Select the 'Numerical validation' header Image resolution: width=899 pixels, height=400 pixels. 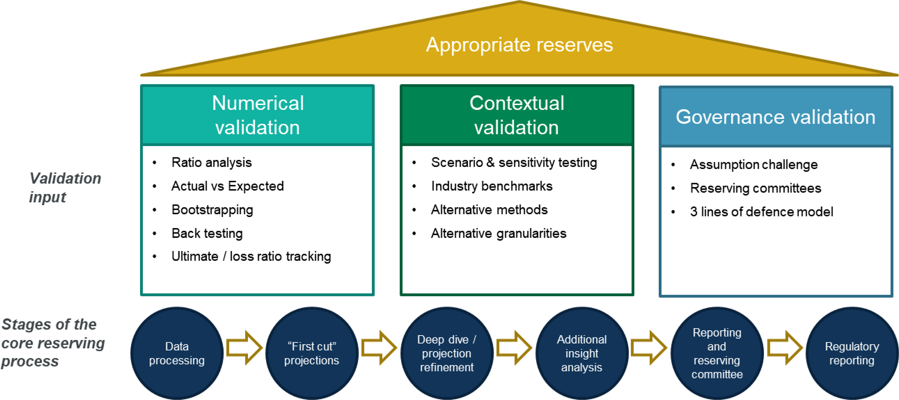tap(257, 115)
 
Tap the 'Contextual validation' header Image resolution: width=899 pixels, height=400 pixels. tap(516, 115)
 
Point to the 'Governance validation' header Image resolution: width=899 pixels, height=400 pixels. tap(776, 117)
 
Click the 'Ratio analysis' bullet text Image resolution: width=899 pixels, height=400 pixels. tap(211, 162)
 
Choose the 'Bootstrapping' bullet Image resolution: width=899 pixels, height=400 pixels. tap(212, 210)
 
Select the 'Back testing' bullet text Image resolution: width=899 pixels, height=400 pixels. tap(207, 233)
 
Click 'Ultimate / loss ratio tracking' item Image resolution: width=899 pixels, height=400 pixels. tap(251, 256)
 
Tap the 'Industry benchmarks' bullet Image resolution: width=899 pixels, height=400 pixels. tap(492, 186)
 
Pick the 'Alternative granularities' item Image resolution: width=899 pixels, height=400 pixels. tap(498, 233)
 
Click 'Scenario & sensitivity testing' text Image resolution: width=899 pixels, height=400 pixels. tap(514, 162)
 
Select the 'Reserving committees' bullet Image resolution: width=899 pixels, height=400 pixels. tap(755, 188)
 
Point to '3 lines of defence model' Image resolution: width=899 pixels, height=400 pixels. tap(761, 212)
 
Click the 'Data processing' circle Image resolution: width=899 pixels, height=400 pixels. tap(177, 353)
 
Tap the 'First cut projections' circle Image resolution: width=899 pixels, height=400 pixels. tap(312, 353)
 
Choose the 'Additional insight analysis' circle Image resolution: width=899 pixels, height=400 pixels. tap(582, 353)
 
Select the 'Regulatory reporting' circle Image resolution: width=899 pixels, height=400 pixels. tap(852, 353)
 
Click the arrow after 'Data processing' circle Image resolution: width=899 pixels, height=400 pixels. tap(244, 348)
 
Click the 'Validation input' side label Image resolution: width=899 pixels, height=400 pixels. tap(65, 188)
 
